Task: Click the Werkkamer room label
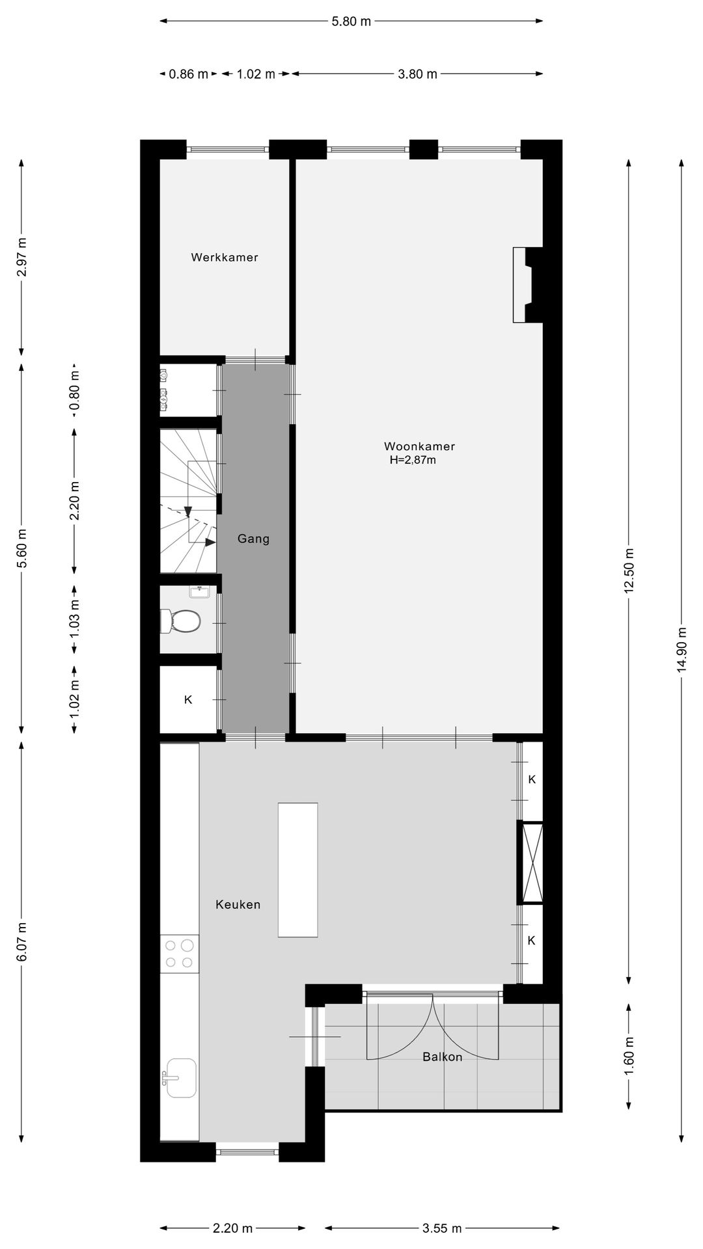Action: click(x=225, y=258)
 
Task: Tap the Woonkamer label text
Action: click(x=419, y=446)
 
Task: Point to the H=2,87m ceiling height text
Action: click(x=413, y=461)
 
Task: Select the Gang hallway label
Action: click(x=253, y=539)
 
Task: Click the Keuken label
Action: click(x=238, y=904)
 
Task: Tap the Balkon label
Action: click(x=443, y=1057)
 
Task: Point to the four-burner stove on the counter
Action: click(x=179, y=954)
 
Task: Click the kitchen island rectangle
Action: click(x=298, y=870)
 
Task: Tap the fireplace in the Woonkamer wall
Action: click(x=526, y=284)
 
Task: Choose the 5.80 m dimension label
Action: click(x=351, y=21)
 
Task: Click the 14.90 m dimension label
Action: click(x=682, y=651)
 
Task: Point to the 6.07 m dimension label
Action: click(x=22, y=941)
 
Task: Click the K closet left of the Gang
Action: click(x=188, y=700)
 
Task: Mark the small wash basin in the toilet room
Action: click(x=199, y=591)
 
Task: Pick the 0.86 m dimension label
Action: click(x=189, y=74)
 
